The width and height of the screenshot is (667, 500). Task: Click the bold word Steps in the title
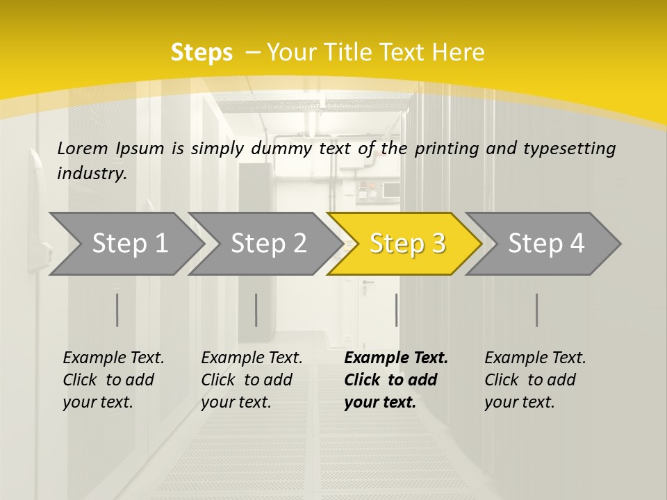[201, 52]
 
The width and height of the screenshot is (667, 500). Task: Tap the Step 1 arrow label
[130, 243]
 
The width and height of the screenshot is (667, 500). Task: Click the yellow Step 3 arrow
[407, 243]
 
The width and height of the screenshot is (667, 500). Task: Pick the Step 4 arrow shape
[546, 243]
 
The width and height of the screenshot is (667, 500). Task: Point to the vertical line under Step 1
[117, 310]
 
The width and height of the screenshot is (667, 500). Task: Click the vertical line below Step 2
[256, 310]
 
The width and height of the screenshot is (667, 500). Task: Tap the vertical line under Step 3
[396, 310]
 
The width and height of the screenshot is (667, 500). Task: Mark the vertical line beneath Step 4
[536, 310]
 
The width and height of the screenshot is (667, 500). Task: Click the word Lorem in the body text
[83, 148]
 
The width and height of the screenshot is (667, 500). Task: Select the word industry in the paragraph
[92, 174]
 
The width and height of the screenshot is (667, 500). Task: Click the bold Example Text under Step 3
[396, 358]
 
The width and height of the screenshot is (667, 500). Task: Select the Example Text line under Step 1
[113, 358]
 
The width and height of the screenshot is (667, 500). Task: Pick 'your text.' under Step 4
[519, 402]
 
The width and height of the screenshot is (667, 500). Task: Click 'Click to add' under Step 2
[247, 380]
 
